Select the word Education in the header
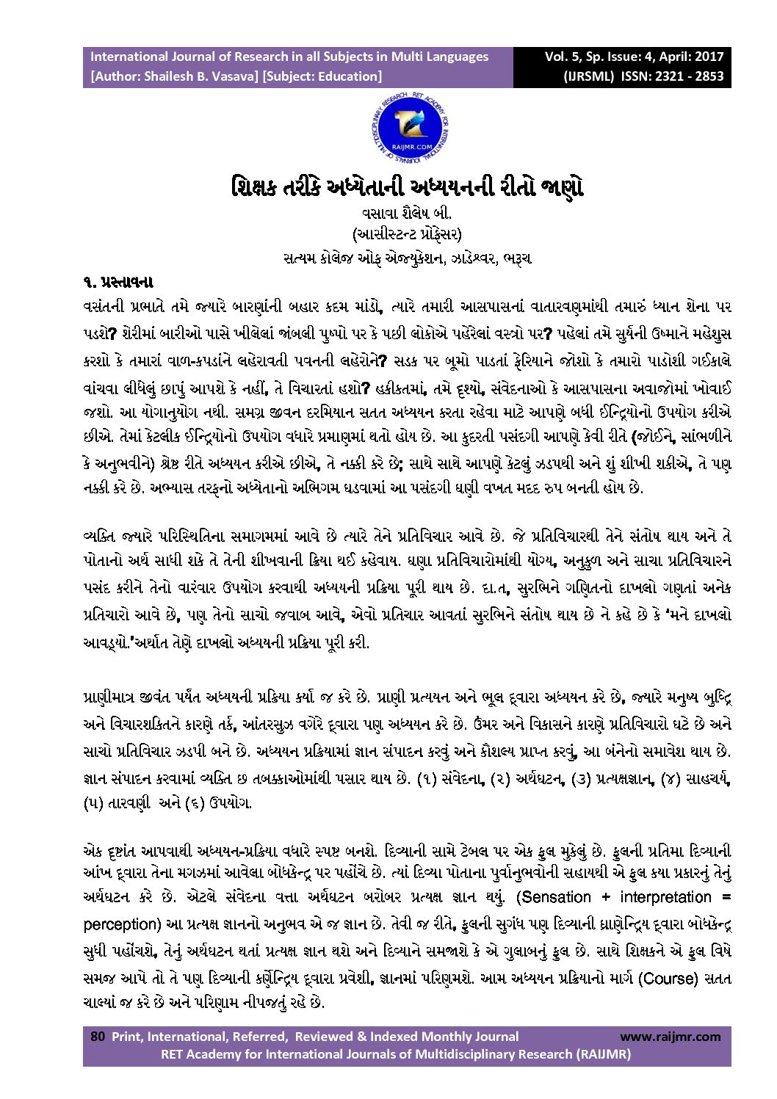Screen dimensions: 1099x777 [350, 76]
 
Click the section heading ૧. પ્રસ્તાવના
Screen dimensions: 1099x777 [117, 281]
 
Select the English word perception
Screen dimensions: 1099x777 [121, 923]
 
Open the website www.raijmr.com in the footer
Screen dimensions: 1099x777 [671, 1037]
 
